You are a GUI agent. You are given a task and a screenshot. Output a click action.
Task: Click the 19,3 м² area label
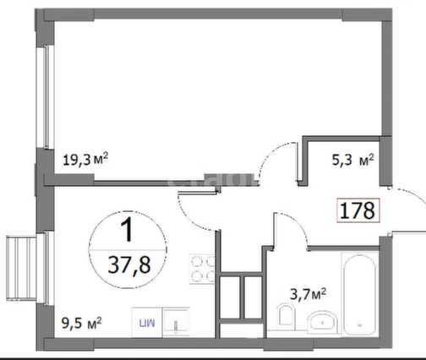(85, 159)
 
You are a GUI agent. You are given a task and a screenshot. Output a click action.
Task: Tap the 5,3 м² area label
(352, 160)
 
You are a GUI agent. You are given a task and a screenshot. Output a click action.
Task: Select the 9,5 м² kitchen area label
(82, 323)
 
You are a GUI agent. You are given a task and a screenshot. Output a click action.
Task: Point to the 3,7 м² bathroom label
(308, 294)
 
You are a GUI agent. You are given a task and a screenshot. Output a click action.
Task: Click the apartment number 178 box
(358, 210)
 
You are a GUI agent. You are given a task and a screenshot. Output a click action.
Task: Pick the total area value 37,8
(129, 265)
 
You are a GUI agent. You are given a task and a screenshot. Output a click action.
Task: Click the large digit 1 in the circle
(128, 230)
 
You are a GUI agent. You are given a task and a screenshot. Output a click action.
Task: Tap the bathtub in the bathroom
(359, 294)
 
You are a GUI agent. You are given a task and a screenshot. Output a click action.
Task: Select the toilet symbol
(286, 315)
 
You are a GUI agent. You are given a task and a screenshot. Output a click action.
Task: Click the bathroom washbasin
(322, 322)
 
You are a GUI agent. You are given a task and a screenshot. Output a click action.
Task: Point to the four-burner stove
(202, 269)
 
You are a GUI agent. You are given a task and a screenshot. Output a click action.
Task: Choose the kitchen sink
(176, 322)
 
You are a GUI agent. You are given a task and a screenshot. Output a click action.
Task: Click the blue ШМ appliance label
(147, 323)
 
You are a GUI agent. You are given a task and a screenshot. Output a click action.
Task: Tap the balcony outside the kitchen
(21, 269)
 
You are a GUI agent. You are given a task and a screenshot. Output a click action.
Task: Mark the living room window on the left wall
(45, 97)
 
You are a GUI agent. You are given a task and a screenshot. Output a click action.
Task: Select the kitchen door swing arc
(188, 215)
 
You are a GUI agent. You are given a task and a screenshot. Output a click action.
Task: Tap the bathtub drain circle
(360, 325)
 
